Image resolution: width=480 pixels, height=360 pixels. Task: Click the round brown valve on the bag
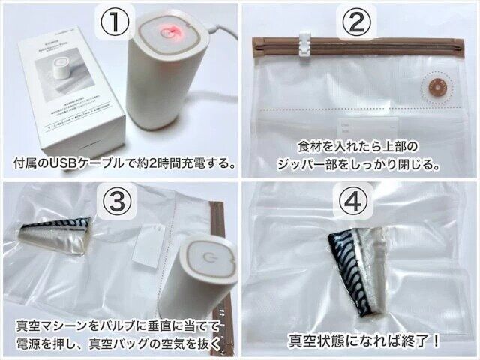[x=433, y=88]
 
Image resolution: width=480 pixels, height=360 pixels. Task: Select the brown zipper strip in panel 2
[x=360, y=43]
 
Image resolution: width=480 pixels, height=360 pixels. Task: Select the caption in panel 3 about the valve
[x=118, y=334]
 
